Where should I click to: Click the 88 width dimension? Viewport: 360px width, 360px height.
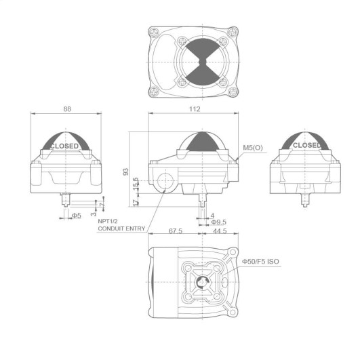click(x=67, y=109)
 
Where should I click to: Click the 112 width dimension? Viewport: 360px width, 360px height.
click(x=195, y=109)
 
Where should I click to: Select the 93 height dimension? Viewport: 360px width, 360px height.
click(x=126, y=172)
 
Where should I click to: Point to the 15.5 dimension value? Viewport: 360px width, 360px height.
click(x=136, y=183)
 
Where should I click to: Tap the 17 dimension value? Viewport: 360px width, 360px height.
click(x=136, y=202)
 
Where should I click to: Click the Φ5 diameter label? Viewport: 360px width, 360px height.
click(x=77, y=216)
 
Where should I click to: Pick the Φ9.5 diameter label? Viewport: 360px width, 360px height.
click(x=218, y=222)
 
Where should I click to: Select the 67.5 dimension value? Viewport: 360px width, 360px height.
click(x=176, y=231)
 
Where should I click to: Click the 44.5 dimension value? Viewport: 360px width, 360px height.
click(x=220, y=231)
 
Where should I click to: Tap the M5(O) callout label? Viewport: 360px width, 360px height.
click(x=253, y=148)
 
